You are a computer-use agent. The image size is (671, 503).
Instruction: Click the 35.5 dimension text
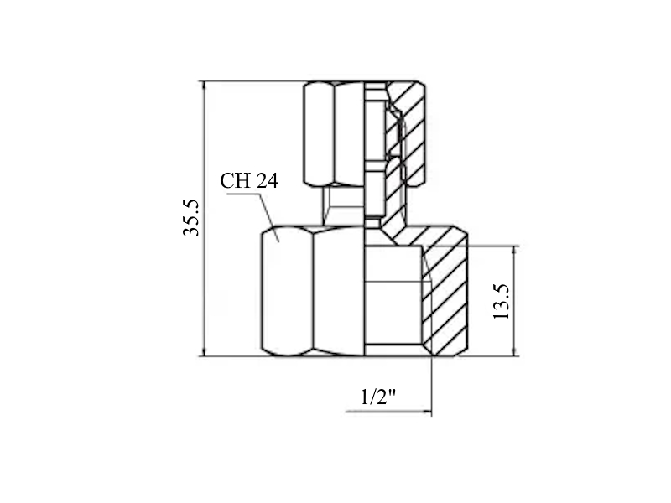pyautogui.click(x=191, y=218)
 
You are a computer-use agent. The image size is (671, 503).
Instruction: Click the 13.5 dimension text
pyautogui.click(x=501, y=302)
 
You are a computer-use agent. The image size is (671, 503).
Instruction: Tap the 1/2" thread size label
pyautogui.click(x=378, y=397)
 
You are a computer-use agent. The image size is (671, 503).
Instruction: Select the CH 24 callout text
pyautogui.click(x=249, y=180)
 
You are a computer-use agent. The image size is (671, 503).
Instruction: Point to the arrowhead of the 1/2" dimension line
pyautogui.click(x=427, y=412)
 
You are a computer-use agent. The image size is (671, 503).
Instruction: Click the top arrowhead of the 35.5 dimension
pyautogui.click(x=205, y=86)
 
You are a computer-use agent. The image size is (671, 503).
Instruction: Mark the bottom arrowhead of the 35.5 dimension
pyautogui.click(x=205, y=351)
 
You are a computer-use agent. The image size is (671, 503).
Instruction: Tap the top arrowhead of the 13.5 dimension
pyautogui.click(x=514, y=251)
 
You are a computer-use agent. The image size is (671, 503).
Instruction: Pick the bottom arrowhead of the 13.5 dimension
pyautogui.click(x=514, y=351)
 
